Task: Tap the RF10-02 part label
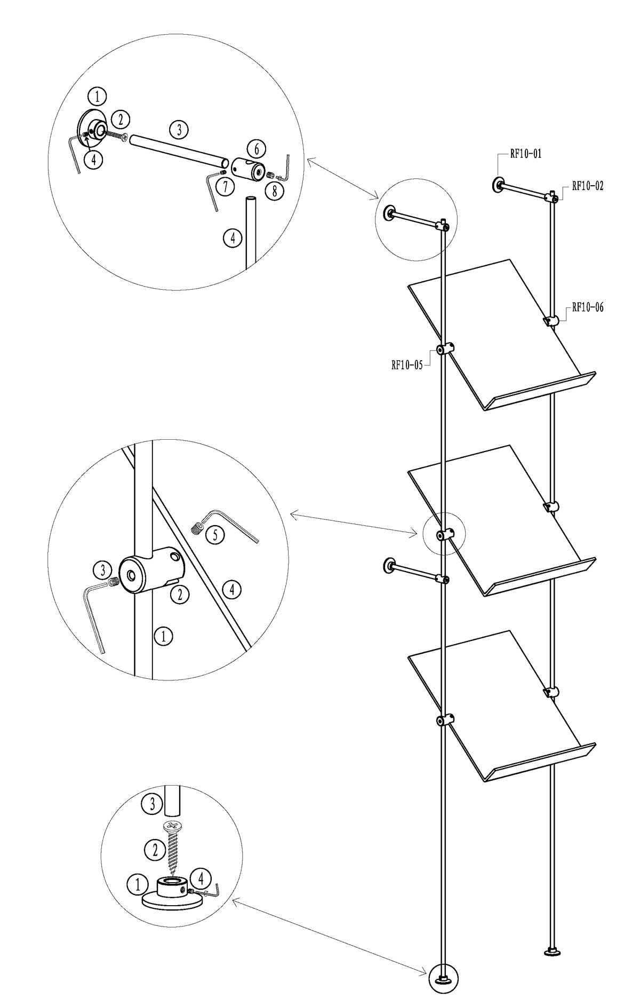588,186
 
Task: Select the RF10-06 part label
588,307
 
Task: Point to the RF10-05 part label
407,366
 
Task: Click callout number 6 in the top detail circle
257,148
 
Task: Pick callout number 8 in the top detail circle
274,191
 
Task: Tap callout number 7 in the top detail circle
226,187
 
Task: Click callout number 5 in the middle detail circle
215,535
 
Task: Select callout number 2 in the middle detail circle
180,593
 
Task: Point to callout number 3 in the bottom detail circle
152,804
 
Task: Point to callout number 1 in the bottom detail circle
137,884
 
